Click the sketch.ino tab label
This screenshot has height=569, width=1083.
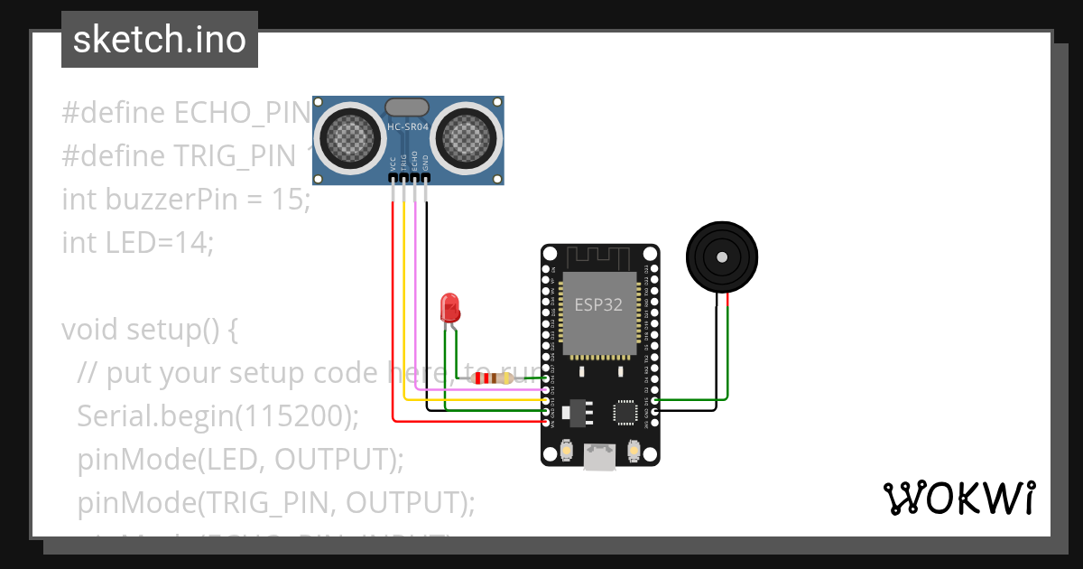159,40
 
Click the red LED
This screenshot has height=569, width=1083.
449,309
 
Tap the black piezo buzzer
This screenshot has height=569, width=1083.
721,257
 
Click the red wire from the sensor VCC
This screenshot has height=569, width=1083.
393,316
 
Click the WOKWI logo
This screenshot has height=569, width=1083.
958,498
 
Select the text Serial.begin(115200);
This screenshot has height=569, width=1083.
218,415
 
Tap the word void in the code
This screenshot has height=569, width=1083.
90,330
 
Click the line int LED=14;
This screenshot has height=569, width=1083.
138,243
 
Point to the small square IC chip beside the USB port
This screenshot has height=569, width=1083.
625,412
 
